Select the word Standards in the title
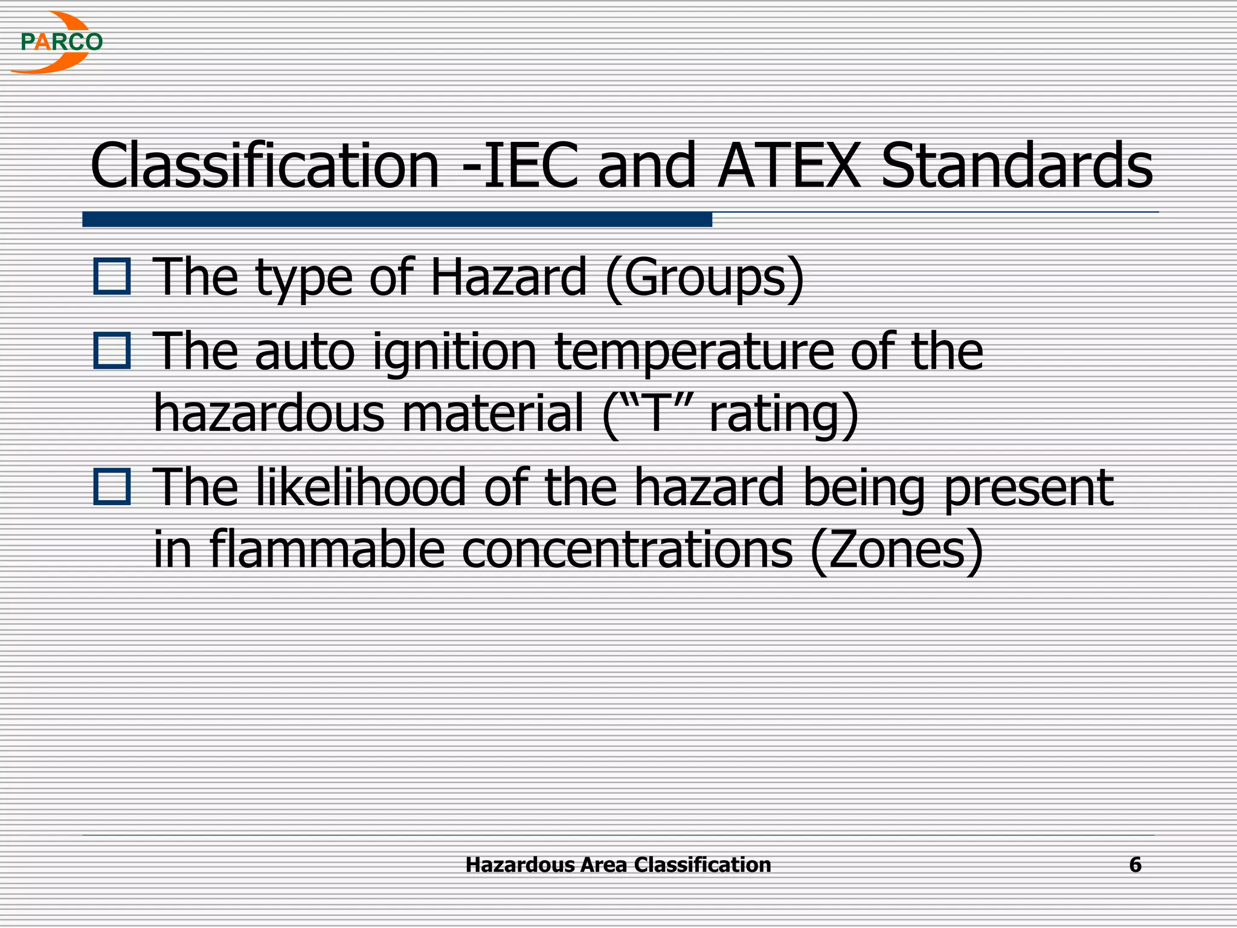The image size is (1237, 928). tap(1017, 166)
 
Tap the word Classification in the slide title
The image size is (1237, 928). tap(265, 166)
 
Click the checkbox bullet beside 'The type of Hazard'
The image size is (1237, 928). tap(112, 277)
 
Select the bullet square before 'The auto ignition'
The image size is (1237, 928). tap(112, 351)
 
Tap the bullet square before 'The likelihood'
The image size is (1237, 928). tap(112, 487)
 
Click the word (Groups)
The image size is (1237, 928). tap(704, 278)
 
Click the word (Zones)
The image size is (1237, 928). tap(896, 550)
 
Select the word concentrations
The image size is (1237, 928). tap(627, 550)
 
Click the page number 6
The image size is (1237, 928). tap(1135, 865)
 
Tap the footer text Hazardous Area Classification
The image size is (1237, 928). tap(618, 865)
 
